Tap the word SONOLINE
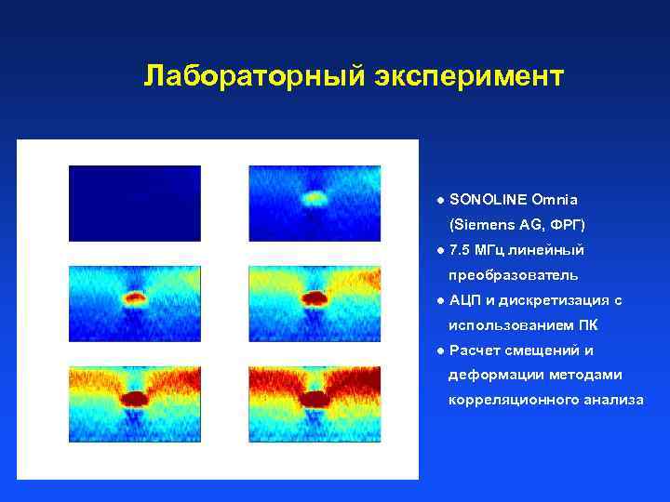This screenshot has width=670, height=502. click(x=487, y=200)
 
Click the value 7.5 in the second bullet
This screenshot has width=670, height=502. click(x=460, y=250)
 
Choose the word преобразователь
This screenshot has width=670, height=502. click(x=513, y=275)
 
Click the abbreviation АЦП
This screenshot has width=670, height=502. click(x=464, y=300)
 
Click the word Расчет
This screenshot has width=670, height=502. click(x=475, y=350)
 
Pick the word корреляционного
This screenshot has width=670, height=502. click(x=508, y=401)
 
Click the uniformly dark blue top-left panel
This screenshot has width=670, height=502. click(x=135, y=203)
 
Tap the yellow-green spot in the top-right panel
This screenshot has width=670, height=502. click(x=315, y=197)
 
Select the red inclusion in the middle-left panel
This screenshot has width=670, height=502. click(x=135, y=298)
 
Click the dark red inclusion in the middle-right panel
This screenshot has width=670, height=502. click(x=315, y=298)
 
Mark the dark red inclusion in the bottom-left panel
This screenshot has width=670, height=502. click(x=135, y=399)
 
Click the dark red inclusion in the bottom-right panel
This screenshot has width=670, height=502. click(x=315, y=399)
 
